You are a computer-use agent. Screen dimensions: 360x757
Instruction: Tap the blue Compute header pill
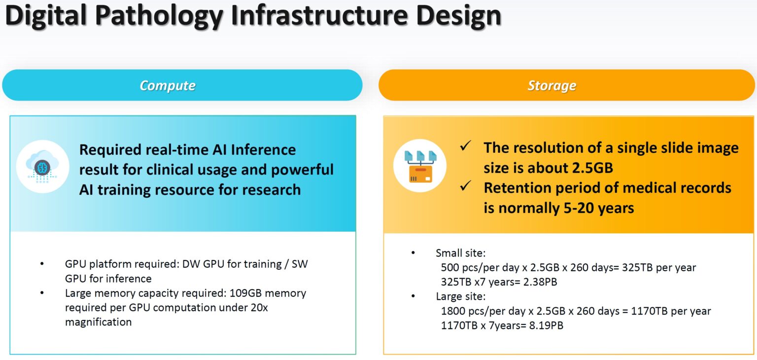(182, 85)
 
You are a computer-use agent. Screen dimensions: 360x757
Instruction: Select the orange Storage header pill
(566, 85)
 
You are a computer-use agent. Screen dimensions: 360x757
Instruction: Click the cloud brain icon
(42, 166)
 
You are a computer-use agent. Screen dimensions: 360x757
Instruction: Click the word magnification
(98, 322)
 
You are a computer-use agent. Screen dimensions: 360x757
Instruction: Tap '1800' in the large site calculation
(452, 311)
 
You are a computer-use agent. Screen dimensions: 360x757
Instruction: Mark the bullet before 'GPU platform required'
(42, 264)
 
